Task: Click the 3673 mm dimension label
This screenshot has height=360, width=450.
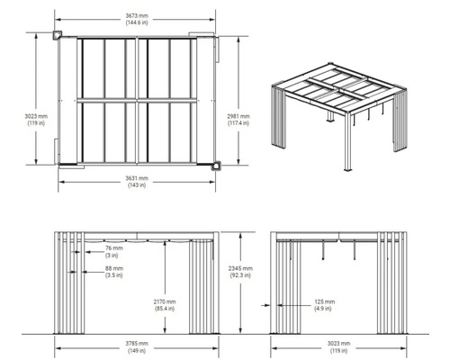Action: [137, 16]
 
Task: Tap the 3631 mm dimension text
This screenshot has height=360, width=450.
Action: [137, 178]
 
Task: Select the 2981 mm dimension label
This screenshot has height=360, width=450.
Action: [238, 116]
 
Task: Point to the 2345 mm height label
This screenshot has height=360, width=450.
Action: [240, 268]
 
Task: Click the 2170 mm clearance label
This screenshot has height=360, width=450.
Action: [165, 301]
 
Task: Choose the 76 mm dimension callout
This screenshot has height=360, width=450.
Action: [114, 248]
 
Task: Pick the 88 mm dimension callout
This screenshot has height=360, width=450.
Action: [114, 268]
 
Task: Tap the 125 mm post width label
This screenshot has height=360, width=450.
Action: [325, 301]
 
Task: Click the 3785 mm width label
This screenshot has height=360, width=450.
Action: [137, 344]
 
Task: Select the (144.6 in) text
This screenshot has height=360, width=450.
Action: [137, 22]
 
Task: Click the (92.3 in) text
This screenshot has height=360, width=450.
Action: [240, 275]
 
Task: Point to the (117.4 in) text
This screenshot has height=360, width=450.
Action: [238, 123]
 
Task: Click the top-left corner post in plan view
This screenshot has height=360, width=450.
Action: [58, 35]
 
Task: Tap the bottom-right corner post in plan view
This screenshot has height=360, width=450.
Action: [216, 166]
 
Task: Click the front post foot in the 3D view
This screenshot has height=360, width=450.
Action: [348, 169]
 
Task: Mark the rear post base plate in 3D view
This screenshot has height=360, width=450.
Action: [331, 121]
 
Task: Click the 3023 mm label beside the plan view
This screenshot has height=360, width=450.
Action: [36, 116]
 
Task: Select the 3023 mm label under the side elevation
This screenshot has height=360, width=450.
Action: [338, 344]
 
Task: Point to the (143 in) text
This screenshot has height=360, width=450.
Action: [137, 185]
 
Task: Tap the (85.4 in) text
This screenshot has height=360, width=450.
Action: [165, 309]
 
